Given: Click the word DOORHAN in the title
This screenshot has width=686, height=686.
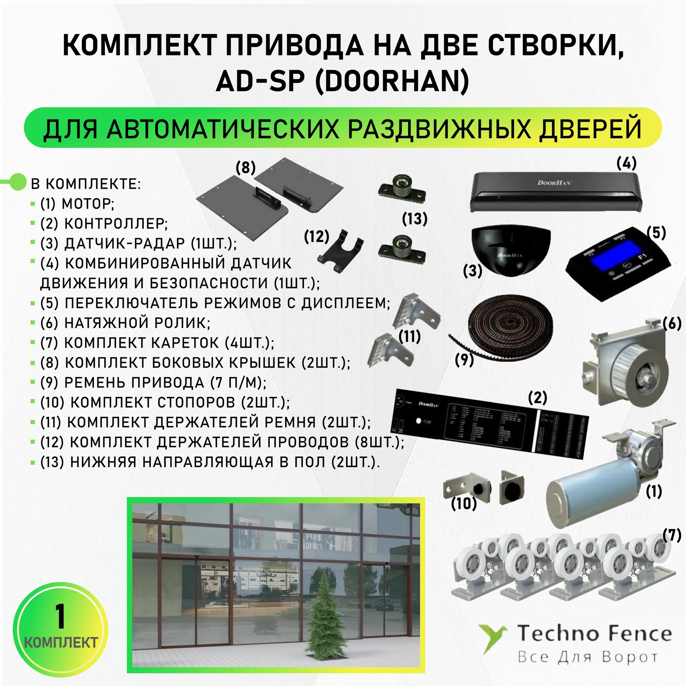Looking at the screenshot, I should tap(395, 82).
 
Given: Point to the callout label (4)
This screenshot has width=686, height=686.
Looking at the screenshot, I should tap(626, 163).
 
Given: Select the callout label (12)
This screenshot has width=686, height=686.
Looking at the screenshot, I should tap(316, 236).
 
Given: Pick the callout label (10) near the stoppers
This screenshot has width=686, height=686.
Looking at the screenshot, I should tap(464, 503).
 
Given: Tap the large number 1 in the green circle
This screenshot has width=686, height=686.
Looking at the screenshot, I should tap(60, 617).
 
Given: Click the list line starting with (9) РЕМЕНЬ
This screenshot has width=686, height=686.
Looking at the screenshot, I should tap(153, 382).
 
